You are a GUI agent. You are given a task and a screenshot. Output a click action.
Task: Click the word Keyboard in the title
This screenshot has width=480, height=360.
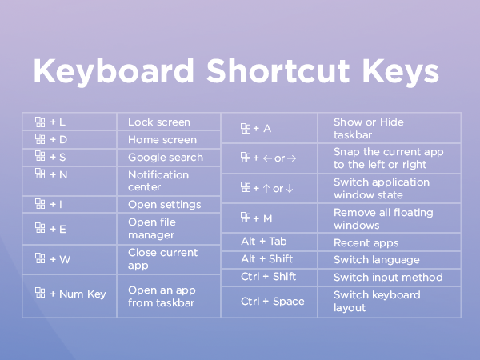(113, 71)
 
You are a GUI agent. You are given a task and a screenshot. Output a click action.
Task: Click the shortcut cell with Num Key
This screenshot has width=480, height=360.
(70, 294)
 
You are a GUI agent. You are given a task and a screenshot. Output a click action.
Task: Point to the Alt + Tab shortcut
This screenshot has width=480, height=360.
(264, 242)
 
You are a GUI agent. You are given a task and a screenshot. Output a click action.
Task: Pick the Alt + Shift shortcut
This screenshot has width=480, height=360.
(266, 259)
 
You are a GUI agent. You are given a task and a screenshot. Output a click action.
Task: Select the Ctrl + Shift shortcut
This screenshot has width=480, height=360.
(268, 277)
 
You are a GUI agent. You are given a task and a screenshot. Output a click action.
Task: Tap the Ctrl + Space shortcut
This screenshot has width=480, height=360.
(272, 302)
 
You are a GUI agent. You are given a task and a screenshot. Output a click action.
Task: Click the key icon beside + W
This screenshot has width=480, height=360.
(40, 258)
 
